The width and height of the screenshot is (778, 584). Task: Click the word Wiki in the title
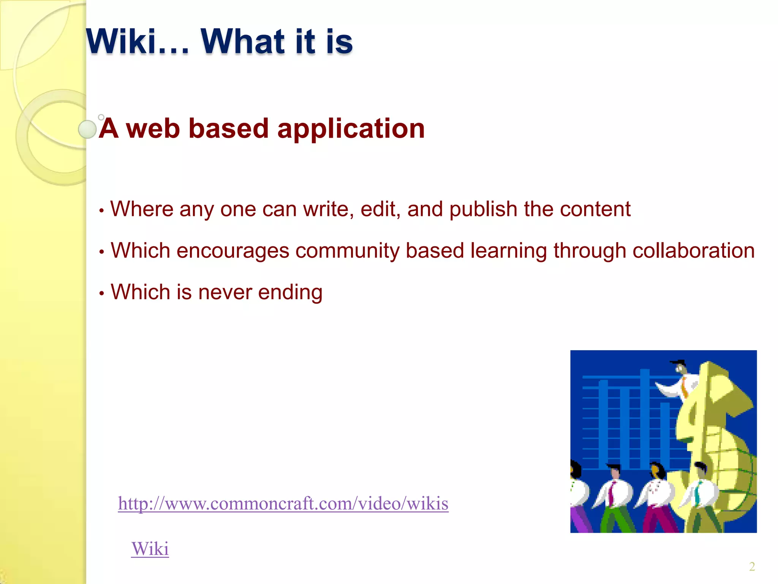tap(121, 41)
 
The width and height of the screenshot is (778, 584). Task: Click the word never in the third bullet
tap(225, 292)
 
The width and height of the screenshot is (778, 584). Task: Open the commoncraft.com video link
tap(283, 503)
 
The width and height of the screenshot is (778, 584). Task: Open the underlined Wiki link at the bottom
tap(150, 549)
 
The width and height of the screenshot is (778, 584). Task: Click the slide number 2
tap(752, 567)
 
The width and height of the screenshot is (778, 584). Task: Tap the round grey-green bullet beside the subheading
tap(87, 129)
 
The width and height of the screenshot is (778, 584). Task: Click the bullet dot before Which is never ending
tap(101, 294)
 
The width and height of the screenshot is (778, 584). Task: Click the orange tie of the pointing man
tap(684, 388)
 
